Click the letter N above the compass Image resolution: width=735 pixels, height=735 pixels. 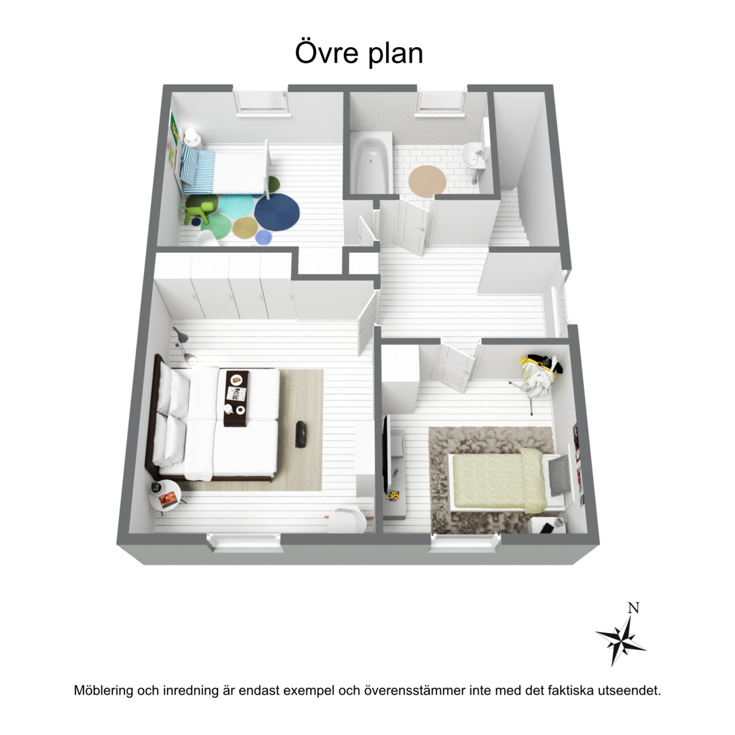coord(634,609)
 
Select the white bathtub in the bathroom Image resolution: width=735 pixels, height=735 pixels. coord(371,162)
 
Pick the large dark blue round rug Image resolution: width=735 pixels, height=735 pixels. coord(277,211)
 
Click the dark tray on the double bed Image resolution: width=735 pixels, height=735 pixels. coord(237,398)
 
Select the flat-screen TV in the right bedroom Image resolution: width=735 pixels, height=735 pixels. coord(387,448)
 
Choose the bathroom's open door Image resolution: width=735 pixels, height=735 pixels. coord(412,225)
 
